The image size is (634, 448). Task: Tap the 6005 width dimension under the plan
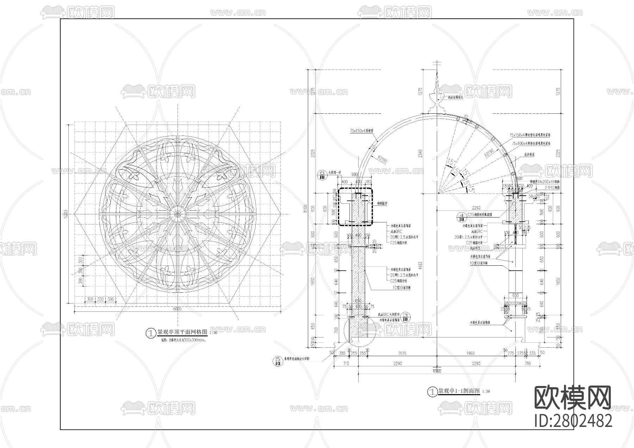click(x=178, y=309)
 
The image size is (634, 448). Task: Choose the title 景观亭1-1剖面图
click(x=459, y=391)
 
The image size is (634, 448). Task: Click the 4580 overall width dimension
click(x=437, y=371)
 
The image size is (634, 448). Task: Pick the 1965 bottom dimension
click(x=471, y=353)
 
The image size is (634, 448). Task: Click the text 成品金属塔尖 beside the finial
click(x=455, y=97)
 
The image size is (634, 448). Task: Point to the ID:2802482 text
click(x=573, y=421)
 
